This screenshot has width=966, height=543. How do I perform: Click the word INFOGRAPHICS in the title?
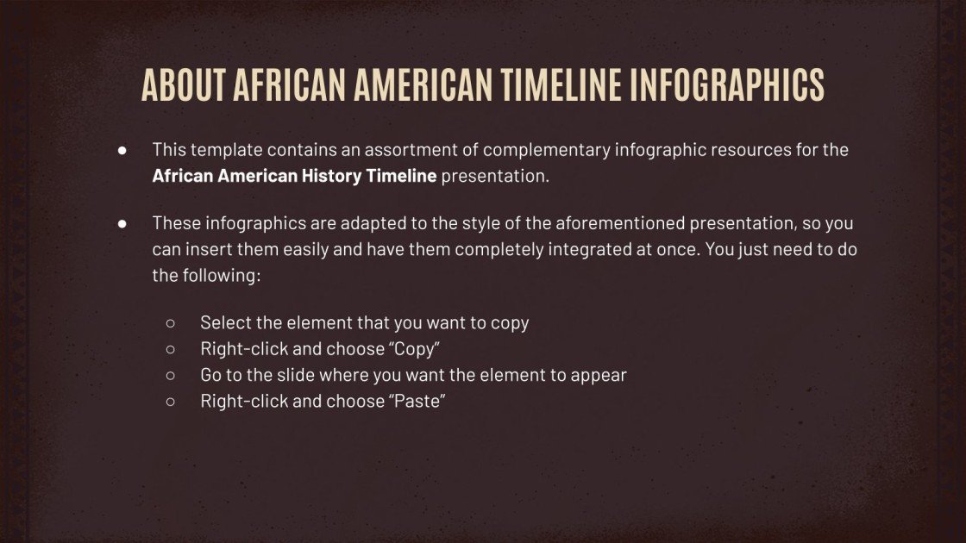point(727,84)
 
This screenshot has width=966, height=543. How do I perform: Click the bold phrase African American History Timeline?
point(294,177)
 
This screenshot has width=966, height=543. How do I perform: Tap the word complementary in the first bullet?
point(545,150)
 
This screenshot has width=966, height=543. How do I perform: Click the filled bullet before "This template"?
point(122,150)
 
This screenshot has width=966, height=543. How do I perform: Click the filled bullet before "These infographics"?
point(122,223)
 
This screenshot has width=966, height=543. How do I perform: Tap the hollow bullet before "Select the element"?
point(170,323)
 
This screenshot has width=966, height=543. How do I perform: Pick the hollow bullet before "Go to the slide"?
point(170,375)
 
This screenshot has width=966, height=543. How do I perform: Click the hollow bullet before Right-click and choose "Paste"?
point(170,401)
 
